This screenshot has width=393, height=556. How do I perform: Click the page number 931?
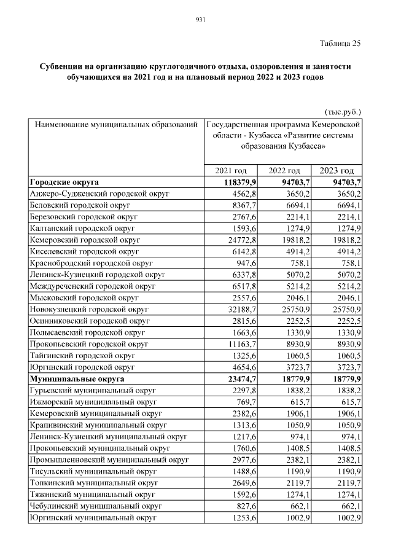[199, 20]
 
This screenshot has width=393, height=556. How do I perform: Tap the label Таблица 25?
[340, 43]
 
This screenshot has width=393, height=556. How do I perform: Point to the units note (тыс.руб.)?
[342, 112]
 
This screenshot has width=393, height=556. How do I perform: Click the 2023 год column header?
[337, 171]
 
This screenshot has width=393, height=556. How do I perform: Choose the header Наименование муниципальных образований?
[116, 125]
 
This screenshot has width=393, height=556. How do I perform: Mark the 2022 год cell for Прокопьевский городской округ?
[287, 345]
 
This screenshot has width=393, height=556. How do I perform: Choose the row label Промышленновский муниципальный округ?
[108, 460]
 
